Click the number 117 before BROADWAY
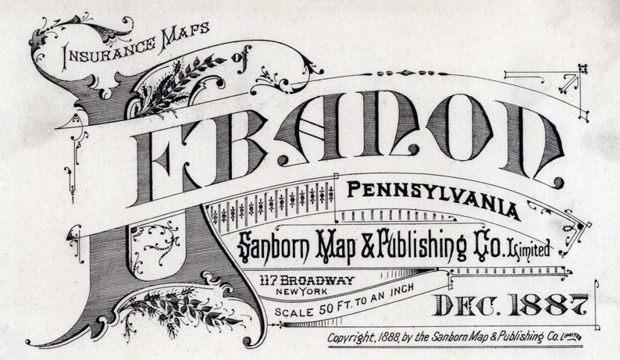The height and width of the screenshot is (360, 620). pyautogui.click(x=273, y=280)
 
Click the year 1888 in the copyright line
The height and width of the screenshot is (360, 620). pyautogui.click(x=398, y=337)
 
